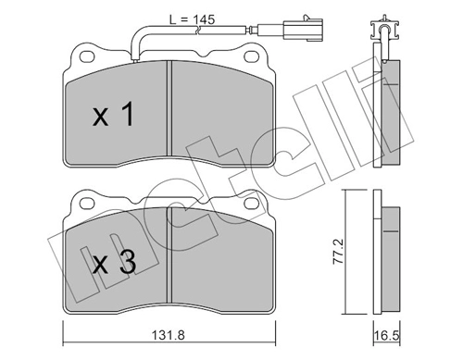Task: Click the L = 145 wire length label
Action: pyautogui.click(x=192, y=19)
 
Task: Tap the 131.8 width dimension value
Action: pyautogui.click(x=169, y=335)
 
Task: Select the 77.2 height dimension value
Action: pyautogui.click(x=338, y=251)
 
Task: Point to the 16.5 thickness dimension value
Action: pyautogui.click(x=386, y=336)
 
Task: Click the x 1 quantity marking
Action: pyautogui.click(x=113, y=114)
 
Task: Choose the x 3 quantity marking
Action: pyautogui.click(x=114, y=262)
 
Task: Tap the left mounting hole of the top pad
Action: pyautogui.click(x=87, y=56)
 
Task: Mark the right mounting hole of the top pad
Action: pyautogui.click(x=251, y=56)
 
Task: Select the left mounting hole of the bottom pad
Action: pyautogui.click(x=87, y=203)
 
